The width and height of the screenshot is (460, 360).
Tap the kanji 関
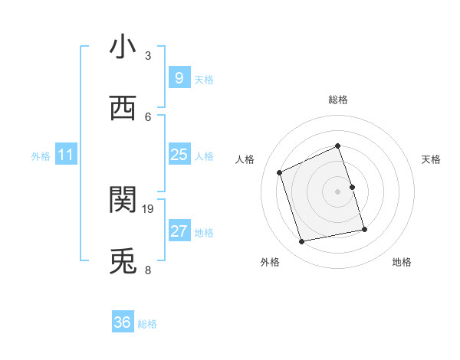click(x=123, y=200)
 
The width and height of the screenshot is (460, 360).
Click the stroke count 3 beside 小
click(x=148, y=55)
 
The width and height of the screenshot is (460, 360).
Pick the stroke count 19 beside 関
click(x=148, y=208)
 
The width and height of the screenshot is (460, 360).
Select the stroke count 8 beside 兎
click(x=148, y=270)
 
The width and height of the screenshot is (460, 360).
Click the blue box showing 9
click(x=179, y=78)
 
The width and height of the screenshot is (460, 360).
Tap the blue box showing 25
click(x=179, y=155)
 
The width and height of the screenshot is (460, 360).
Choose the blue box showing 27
click(x=179, y=231)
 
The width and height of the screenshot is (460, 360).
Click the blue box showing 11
click(x=65, y=155)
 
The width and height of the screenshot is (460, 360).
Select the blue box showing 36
click(x=123, y=322)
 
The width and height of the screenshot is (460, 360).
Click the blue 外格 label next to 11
click(x=41, y=156)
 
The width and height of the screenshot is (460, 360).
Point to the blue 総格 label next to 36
click(x=147, y=324)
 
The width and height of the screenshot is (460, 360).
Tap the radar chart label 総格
click(x=338, y=100)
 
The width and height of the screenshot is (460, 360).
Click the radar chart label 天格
click(x=432, y=159)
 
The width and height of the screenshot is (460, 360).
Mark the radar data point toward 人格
click(x=280, y=172)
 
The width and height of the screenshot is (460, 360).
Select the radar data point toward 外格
click(x=302, y=242)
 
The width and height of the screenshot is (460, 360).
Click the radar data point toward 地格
click(x=364, y=229)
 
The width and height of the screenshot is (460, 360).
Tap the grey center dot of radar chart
click(x=338, y=191)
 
